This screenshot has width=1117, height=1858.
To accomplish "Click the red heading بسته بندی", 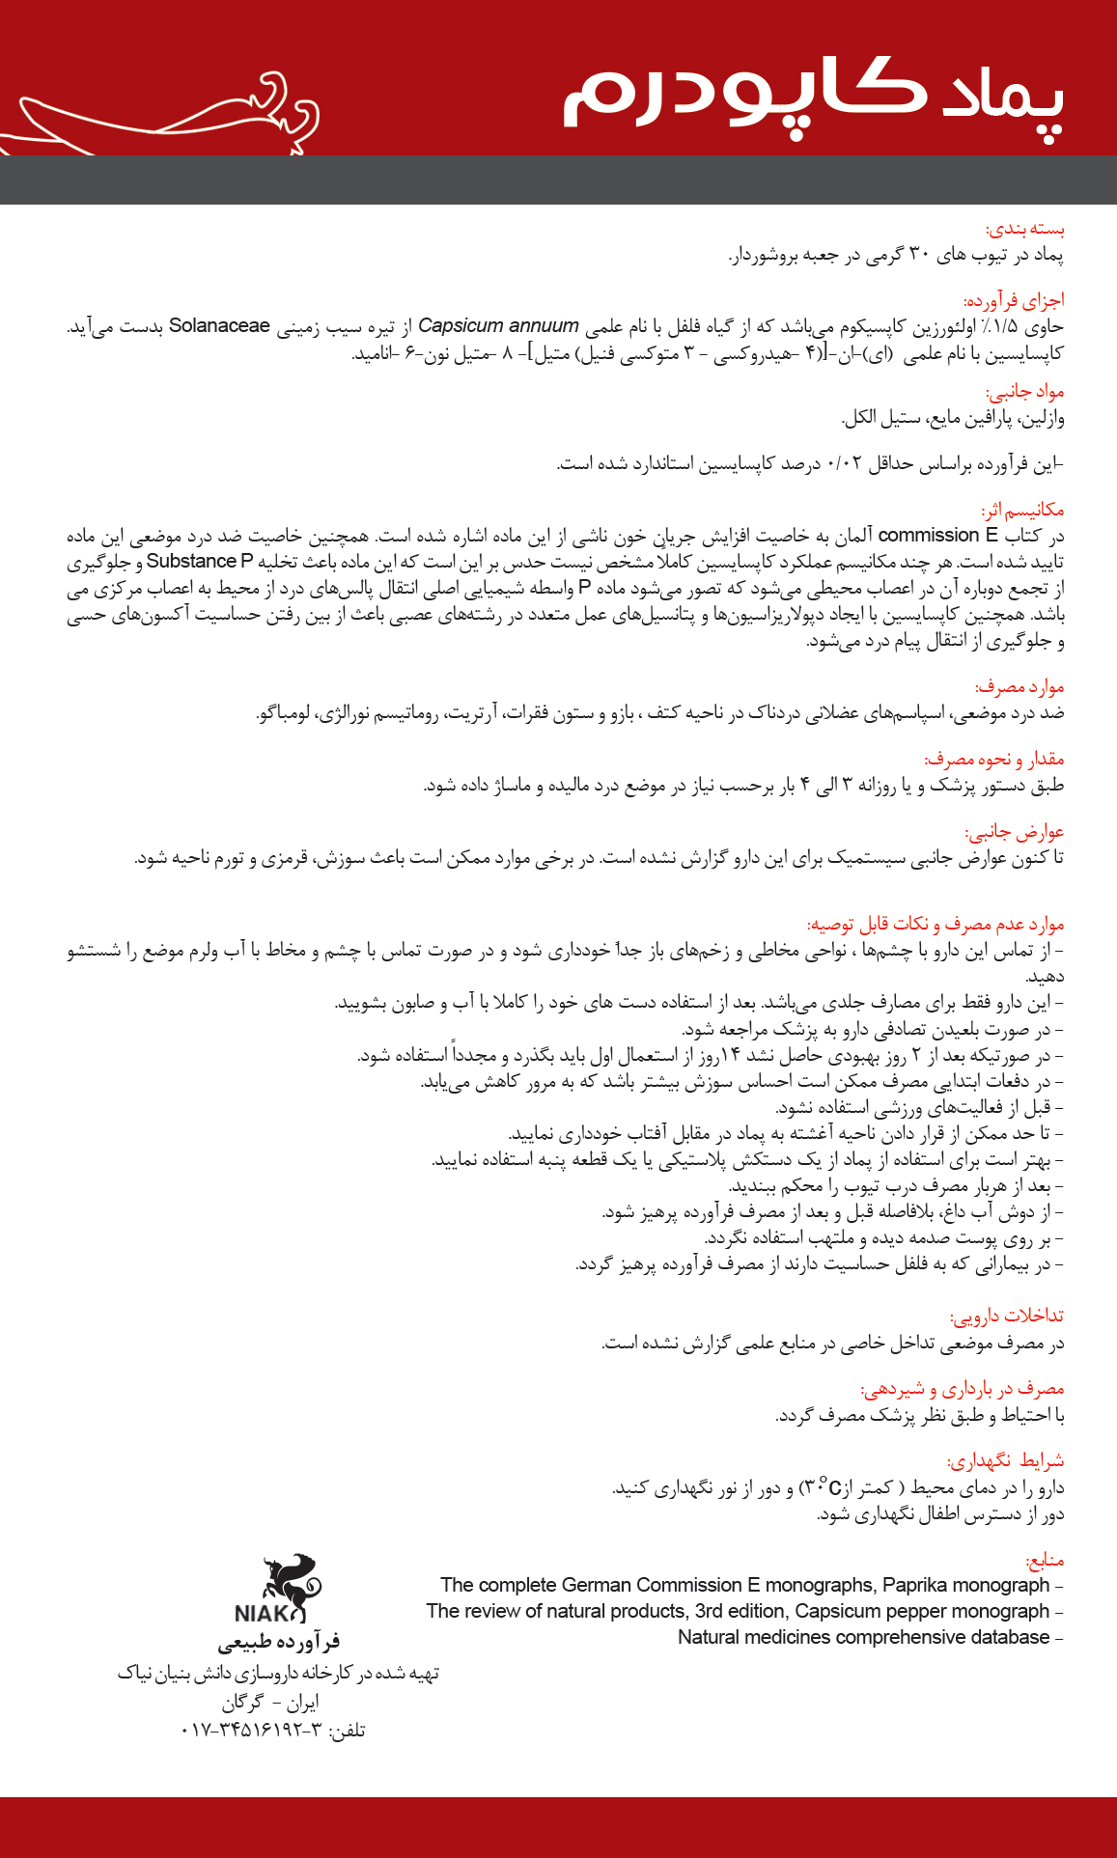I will (x=1024, y=230).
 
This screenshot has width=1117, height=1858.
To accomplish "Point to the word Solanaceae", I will (x=219, y=326).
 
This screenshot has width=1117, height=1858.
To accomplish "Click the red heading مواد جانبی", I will (x=1024, y=392).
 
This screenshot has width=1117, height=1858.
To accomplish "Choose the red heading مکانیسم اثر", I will (x=1022, y=510).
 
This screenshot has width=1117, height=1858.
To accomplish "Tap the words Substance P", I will (x=199, y=562).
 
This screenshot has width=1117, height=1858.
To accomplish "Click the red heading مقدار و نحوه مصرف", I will (x=993, y=760).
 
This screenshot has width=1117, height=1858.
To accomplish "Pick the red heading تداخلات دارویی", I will (x=1006, y=1317).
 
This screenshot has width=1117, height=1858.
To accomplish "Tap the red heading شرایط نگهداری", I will (x=1005, y=1461).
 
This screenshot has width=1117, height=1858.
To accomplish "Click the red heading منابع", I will (x=1044, y=1560).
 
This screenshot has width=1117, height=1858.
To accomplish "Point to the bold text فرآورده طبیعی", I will (x=279, y=1642).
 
